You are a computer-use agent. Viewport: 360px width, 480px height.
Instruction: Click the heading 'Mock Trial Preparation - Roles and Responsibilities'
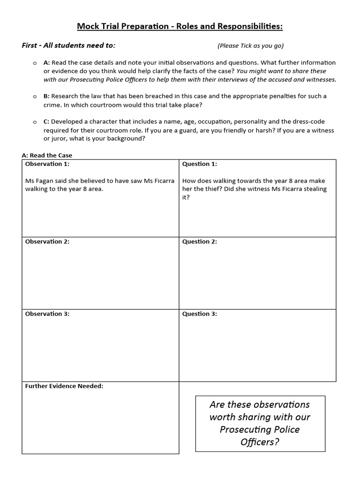180,26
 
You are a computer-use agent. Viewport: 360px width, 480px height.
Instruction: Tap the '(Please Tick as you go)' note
250,46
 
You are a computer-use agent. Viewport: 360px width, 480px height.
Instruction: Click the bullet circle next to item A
35,63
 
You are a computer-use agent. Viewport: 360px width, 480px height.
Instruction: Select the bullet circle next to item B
35,97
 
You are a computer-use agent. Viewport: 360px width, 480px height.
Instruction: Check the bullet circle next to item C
35,122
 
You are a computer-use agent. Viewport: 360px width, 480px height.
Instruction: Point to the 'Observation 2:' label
47,241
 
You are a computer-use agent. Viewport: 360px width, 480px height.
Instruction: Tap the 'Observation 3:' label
47,314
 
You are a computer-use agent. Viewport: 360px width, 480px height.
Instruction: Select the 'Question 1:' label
200,164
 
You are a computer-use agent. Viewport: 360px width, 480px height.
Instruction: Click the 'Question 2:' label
200,241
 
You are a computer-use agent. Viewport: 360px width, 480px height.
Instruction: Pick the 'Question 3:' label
200,314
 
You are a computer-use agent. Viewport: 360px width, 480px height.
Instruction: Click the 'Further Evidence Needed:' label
64,386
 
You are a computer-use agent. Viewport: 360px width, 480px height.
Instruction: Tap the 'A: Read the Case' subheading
47,155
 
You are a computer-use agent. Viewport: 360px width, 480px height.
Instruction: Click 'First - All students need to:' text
68,45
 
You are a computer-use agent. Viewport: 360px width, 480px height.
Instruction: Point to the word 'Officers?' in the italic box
260,442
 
